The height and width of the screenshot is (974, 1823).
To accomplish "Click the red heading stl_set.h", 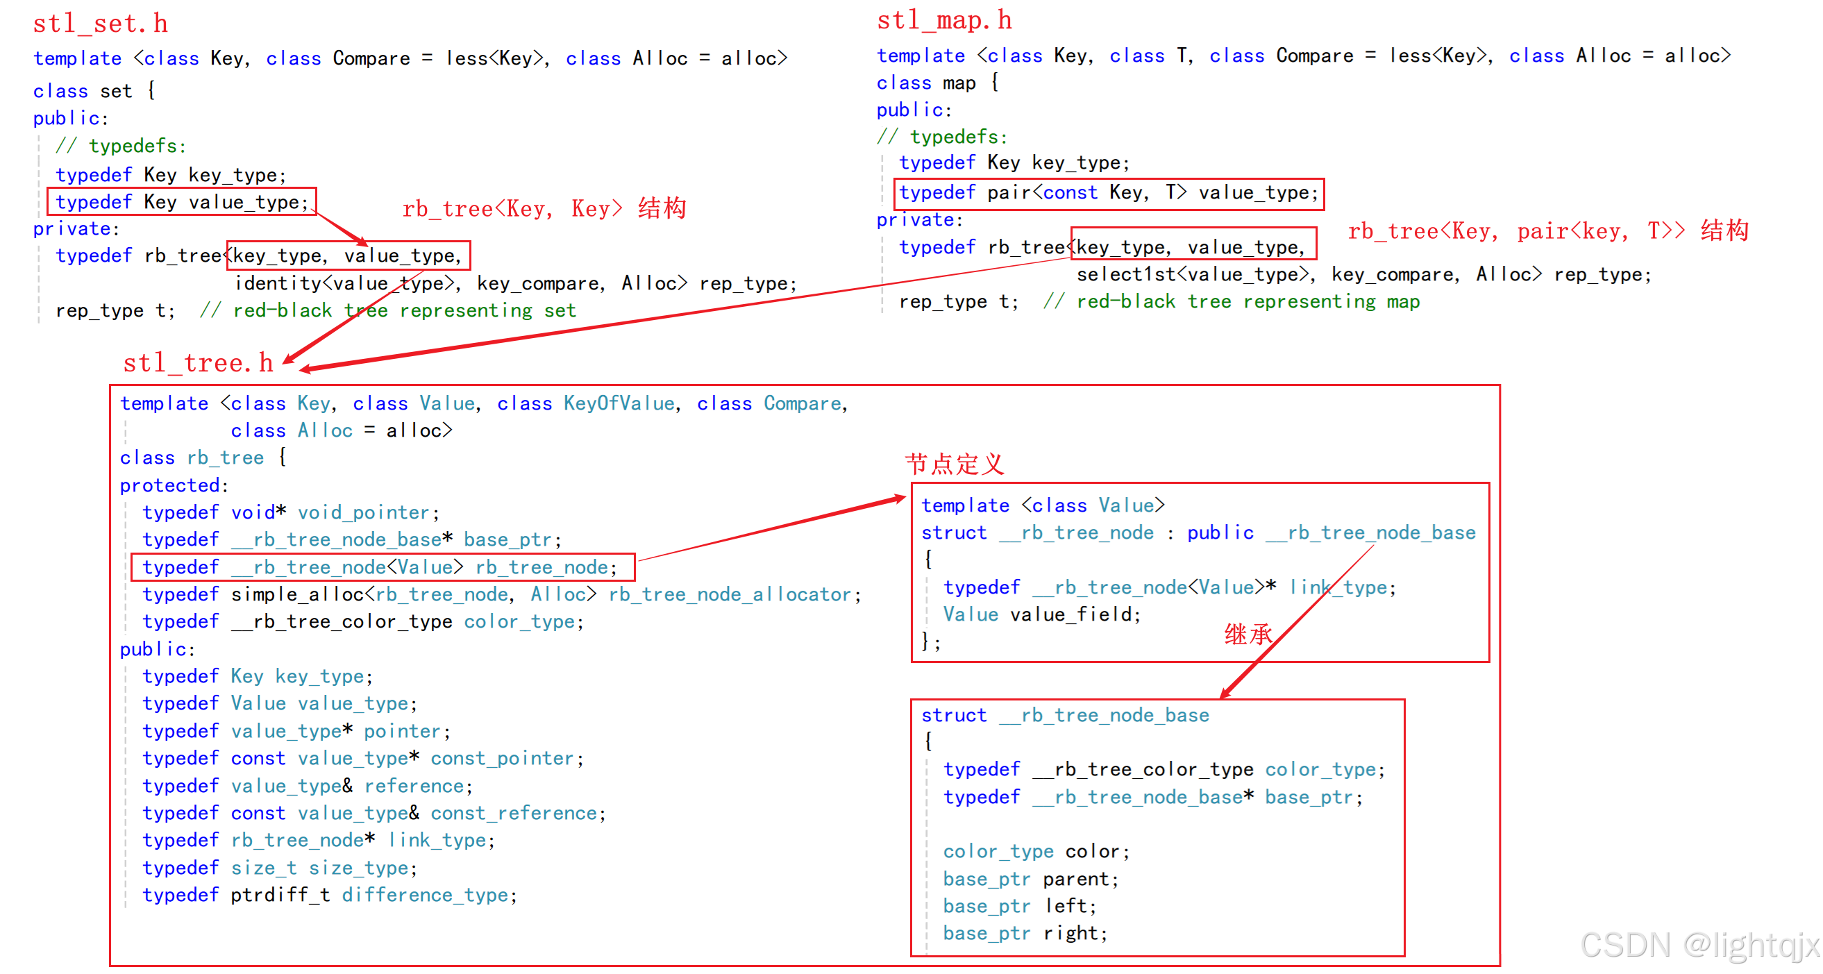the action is click(x=101, y=24).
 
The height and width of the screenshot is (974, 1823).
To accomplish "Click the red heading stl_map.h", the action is click(x=944, y=22).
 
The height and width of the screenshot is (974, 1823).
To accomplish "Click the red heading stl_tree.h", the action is click(x=198, y=363).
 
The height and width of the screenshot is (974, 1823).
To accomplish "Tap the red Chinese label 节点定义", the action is click(x=955, y=464).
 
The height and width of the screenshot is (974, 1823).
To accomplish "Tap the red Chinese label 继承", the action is click(x=1247, y=635).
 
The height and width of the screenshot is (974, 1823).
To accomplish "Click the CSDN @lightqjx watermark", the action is click(x=1699, y=945).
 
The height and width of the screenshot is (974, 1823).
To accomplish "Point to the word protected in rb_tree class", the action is click(x=170, y=485).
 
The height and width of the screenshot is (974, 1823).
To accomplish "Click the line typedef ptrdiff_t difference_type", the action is click(x=329, y=896).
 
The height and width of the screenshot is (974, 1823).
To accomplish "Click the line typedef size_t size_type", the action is click(x=280, y=868).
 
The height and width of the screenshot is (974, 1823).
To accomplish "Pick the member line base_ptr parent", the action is click(x=1030, y=879).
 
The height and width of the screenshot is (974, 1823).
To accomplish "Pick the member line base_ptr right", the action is click(x=1025, y=934).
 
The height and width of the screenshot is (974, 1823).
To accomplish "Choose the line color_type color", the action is click(x=1036, y=852).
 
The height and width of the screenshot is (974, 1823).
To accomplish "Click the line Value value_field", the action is click(x=1042, y=614).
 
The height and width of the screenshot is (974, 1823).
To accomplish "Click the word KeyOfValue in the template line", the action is click(x=619, y=403).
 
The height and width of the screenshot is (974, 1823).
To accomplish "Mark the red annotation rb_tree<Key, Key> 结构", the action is click(x=544, y=209).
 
